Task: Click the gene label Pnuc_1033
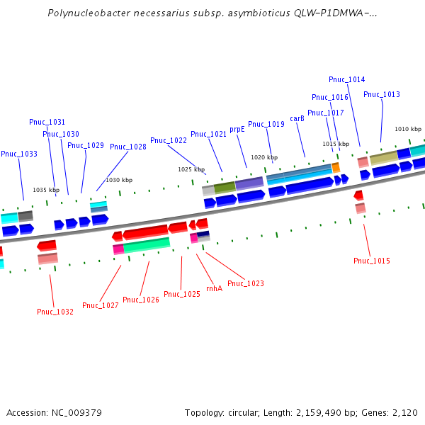tap(19, 154)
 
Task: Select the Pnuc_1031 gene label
tap(47, 122)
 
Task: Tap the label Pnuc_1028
tap(128, 147)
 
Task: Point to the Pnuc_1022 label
tap(169, 140)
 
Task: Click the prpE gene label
tap(237, 130)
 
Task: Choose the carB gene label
tap(297, 119)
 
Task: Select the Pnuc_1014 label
tap(347, 79)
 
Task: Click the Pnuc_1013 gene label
tap(382, 94)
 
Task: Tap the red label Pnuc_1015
tap(372, 261)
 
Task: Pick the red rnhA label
tap(214, 288)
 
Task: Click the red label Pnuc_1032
tap(55, 312)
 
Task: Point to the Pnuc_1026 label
tap(141, 300)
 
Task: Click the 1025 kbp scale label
tap(191, 170)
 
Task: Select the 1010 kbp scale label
tap(408, 129)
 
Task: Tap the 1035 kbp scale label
tap(46, 190)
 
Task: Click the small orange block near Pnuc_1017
tap(336, 167)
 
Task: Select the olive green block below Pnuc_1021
tap(225, 188)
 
